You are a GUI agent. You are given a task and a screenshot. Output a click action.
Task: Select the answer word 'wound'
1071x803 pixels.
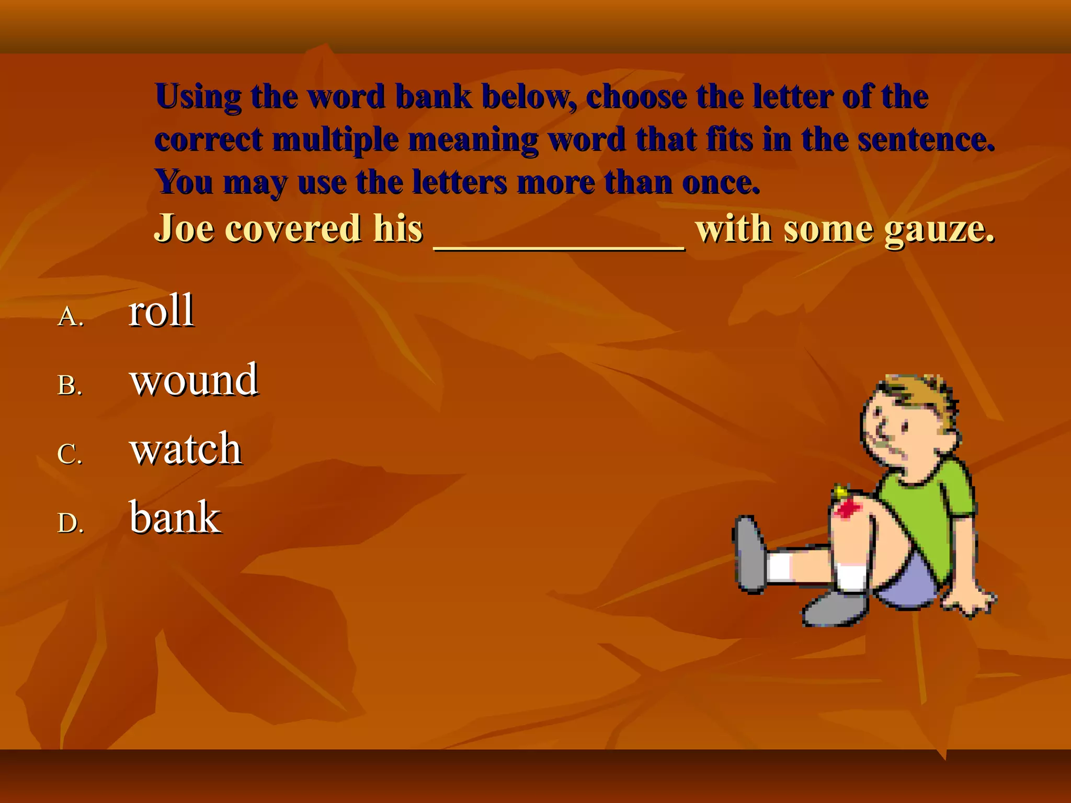[193, 380]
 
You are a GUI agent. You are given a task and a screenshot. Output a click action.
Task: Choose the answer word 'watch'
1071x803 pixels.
[186, 449]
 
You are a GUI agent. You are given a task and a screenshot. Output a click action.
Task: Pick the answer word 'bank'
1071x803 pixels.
[175, 518]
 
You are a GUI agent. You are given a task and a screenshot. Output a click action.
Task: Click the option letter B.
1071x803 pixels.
[70, 386]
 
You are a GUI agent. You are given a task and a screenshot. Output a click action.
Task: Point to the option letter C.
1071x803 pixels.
[70, 454]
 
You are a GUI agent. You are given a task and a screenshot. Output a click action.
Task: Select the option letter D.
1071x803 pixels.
[70, 523]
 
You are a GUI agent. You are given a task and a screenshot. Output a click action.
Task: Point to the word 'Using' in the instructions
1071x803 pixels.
[198, 97]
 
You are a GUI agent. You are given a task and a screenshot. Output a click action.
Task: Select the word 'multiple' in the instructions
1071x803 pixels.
[335, 140]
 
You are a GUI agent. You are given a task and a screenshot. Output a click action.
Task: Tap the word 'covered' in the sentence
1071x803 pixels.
[292, 228]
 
